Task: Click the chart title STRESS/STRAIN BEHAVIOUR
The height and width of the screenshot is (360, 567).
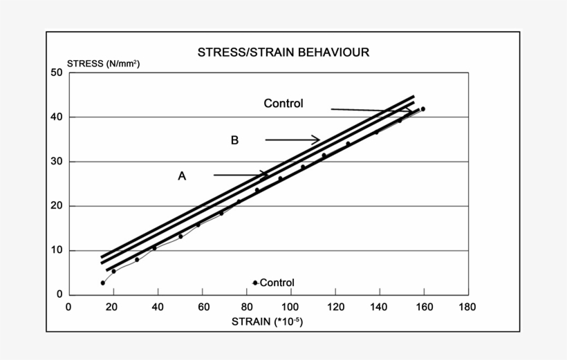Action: point(283,52)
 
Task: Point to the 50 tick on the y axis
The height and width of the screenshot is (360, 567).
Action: point(57,73)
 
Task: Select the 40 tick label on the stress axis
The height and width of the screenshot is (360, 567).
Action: point(57,117)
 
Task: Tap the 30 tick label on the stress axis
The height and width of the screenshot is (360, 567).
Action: point(57,162)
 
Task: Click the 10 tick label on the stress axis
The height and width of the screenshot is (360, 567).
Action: point(57,250)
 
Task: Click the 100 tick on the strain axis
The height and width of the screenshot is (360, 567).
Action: point(290,306)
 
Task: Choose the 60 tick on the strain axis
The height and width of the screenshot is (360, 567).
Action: point(202,306)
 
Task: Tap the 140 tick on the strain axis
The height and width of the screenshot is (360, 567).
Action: point(380,306)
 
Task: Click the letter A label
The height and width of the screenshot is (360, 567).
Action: point(182,176)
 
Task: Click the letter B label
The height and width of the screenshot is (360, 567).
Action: point(234,140)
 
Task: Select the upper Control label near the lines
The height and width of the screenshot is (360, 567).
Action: point(283,104)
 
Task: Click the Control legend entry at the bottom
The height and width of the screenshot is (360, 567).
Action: point(277,283)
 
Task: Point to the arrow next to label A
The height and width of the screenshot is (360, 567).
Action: point(241,175)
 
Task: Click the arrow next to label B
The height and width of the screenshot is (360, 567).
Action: point(292,140)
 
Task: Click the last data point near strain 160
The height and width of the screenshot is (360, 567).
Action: point(423,109)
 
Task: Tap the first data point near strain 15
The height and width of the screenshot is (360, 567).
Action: point(103,283)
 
